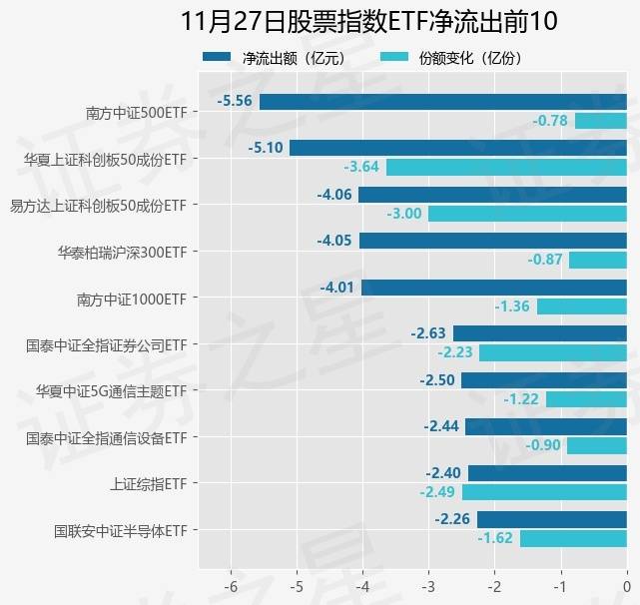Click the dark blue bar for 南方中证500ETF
tap(442, 102)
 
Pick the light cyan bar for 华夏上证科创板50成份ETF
tap(506, 167)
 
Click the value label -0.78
tap(550, 121)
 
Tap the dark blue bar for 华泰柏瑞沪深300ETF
tap(492, 241)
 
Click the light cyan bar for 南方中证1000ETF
tap(581, 306)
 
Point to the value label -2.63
tap(429, 333)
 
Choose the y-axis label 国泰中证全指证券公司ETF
tap(106, 344)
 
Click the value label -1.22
tap(522, 399)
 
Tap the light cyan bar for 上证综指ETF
tap(544, 492)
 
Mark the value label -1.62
tap(496, 538)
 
